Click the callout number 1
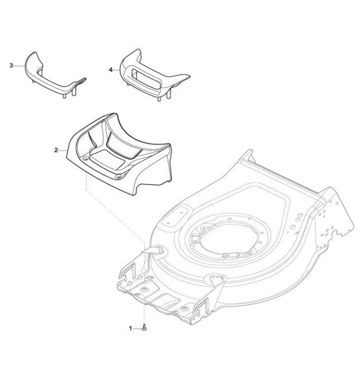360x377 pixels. [x=131, y=328]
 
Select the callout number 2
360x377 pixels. [x=56, y=150]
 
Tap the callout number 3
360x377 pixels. [x=11, y=66]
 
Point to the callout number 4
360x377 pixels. [x=110, y=70]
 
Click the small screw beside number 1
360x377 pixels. [x=144, y=327]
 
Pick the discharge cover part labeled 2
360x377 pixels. [x=119, y=154]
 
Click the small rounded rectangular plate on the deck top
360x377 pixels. [x=175, y=215]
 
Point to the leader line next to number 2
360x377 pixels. [x=63, y=151]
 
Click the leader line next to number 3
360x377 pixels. [x=19, y=66]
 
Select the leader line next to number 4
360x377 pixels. [x=116, y=70]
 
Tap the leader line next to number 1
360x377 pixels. [x=137, y=328]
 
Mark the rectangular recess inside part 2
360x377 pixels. [x=107, y=159]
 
